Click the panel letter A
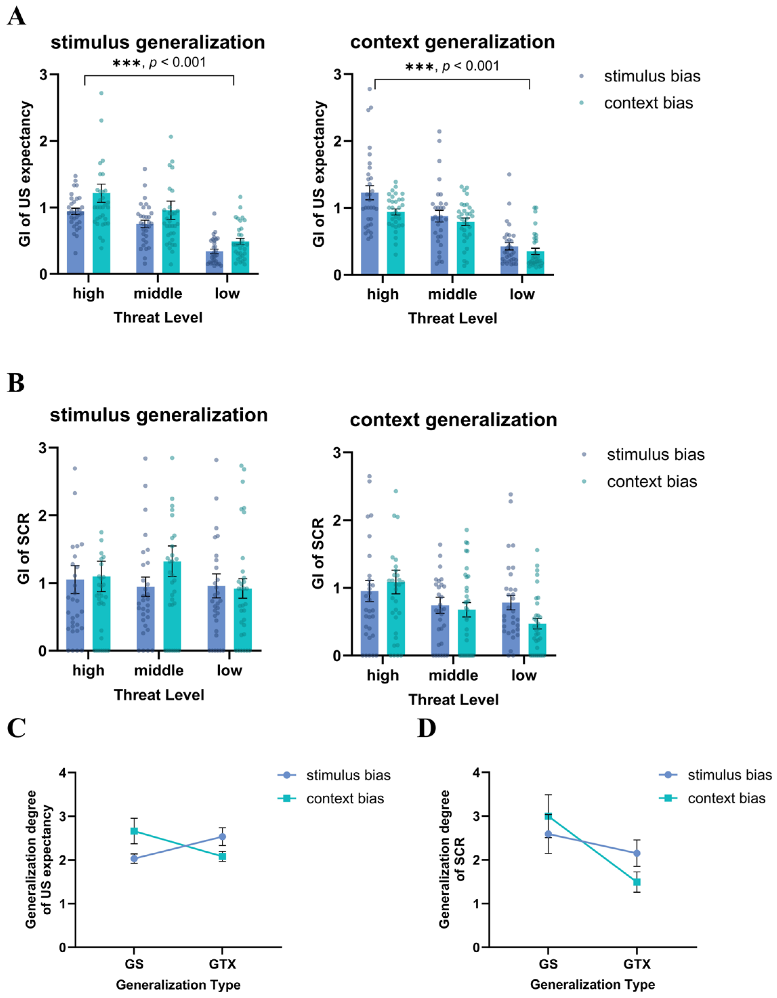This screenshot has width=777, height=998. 17,17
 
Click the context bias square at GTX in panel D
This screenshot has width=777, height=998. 637,882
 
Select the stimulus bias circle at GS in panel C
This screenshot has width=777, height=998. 134,859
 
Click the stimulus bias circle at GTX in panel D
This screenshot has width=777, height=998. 637,853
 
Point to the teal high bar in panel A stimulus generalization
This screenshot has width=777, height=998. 101,233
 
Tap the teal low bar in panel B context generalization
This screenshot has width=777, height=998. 537,639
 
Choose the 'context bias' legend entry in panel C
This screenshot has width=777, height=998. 345,798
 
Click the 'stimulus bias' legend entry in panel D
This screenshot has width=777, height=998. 729,775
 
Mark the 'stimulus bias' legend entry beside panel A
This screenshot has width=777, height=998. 652,76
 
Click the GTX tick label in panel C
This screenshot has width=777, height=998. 223,964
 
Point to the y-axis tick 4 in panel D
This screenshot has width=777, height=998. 477,773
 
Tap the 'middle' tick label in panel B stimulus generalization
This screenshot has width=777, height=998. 159,670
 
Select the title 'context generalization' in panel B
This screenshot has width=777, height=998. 453,419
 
